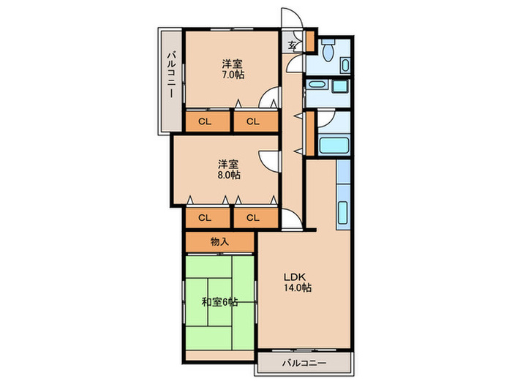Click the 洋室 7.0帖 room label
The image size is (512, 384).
click(x=233, y=69)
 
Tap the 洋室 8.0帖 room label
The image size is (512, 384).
click(x=229, y=169)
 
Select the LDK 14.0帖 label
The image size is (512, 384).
click(x=297, y=282)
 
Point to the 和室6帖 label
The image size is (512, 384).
click(x=219, y=301)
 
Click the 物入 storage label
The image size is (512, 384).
click(x=219, y=241)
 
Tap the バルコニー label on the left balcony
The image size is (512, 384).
click(x=171, y=74)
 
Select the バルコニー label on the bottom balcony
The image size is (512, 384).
click(x=304, y=363)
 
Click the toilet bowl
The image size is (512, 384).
click(x=328, y=50)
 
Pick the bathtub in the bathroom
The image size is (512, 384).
click(x=334, y=145)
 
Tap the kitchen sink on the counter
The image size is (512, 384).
click(x=342, y=212)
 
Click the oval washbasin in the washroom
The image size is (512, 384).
click(x=316, y=85)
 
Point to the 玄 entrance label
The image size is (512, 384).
click(x=293, y=45)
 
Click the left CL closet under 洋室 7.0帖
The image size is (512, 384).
click(x=205, y=122)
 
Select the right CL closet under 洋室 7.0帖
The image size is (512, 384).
click(x=253, y=122)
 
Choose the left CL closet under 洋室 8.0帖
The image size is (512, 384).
click(x=205, y=217)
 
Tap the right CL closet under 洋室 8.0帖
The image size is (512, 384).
click(x=253, y=217)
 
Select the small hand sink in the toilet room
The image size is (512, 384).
click(x=345, y=66)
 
